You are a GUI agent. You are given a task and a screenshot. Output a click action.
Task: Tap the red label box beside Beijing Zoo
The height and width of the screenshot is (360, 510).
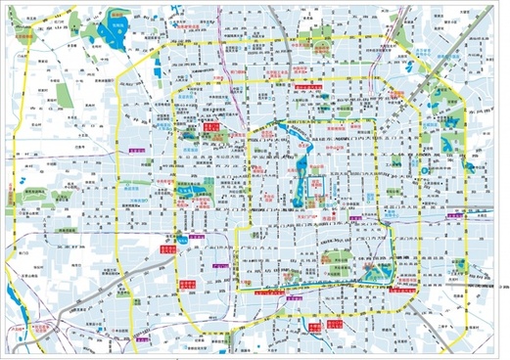point(209,127)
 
